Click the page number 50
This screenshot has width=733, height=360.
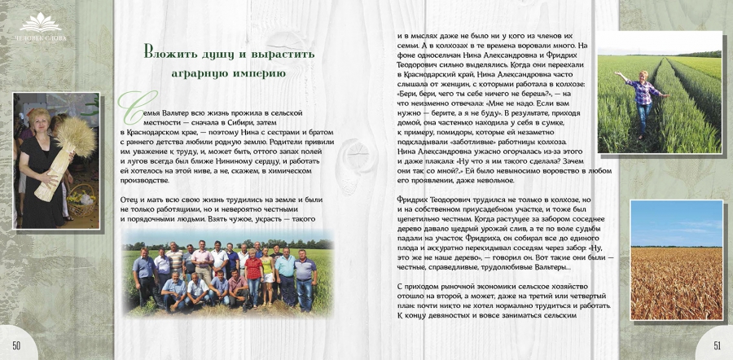coord(15,345)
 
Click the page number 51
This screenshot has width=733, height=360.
coord(717,345)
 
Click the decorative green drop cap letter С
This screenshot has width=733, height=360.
coord(128,103)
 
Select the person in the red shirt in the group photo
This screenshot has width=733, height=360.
coord(254,269)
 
